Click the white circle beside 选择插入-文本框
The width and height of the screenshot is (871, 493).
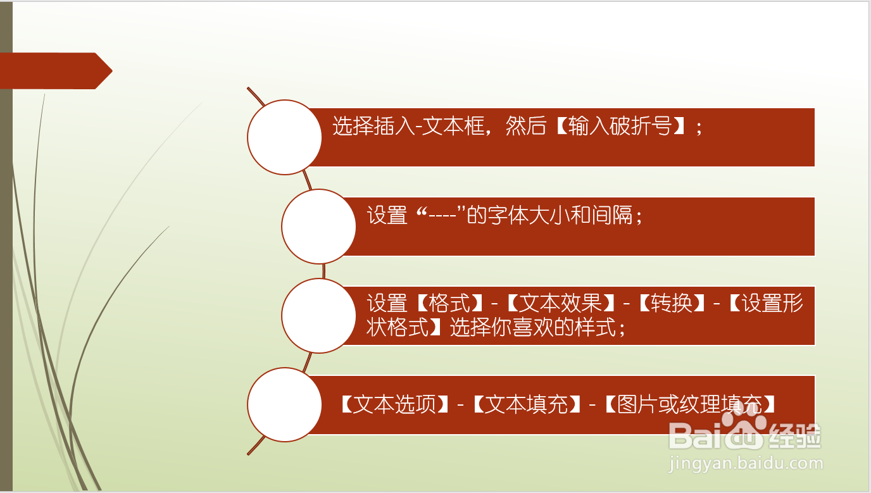[284, 137]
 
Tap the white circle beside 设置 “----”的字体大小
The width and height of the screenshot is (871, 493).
[318, 226]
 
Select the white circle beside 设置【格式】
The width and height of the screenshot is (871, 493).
[318, 315]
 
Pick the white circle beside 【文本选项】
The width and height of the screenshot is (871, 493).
[284, 404]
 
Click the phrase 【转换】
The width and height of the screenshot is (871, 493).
[671, 304]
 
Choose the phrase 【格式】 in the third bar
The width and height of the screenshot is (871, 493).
[449, 304]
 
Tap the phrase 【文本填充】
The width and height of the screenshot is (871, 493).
[525, 404]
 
